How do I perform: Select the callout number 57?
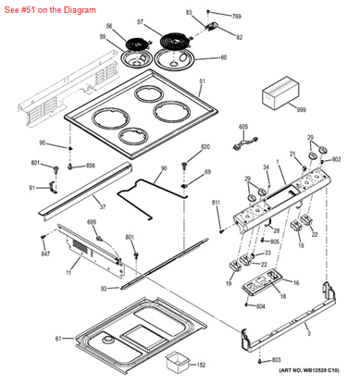pyautogui.click(x=167, y=20)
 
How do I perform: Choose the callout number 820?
pyautogui.click(x=205, y=148)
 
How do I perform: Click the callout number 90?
pyautogui.click(x=163, y=168)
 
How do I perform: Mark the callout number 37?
pyautogui.click(x=102, y=207)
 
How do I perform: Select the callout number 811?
pyautogui.click(x=217, y=202)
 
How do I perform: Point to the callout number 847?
pyautogui.click(x=44, y=253)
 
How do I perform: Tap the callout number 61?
pyautogui.click(x=57, y=339)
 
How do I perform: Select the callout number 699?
pyautogui.click(x=92, y=223)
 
